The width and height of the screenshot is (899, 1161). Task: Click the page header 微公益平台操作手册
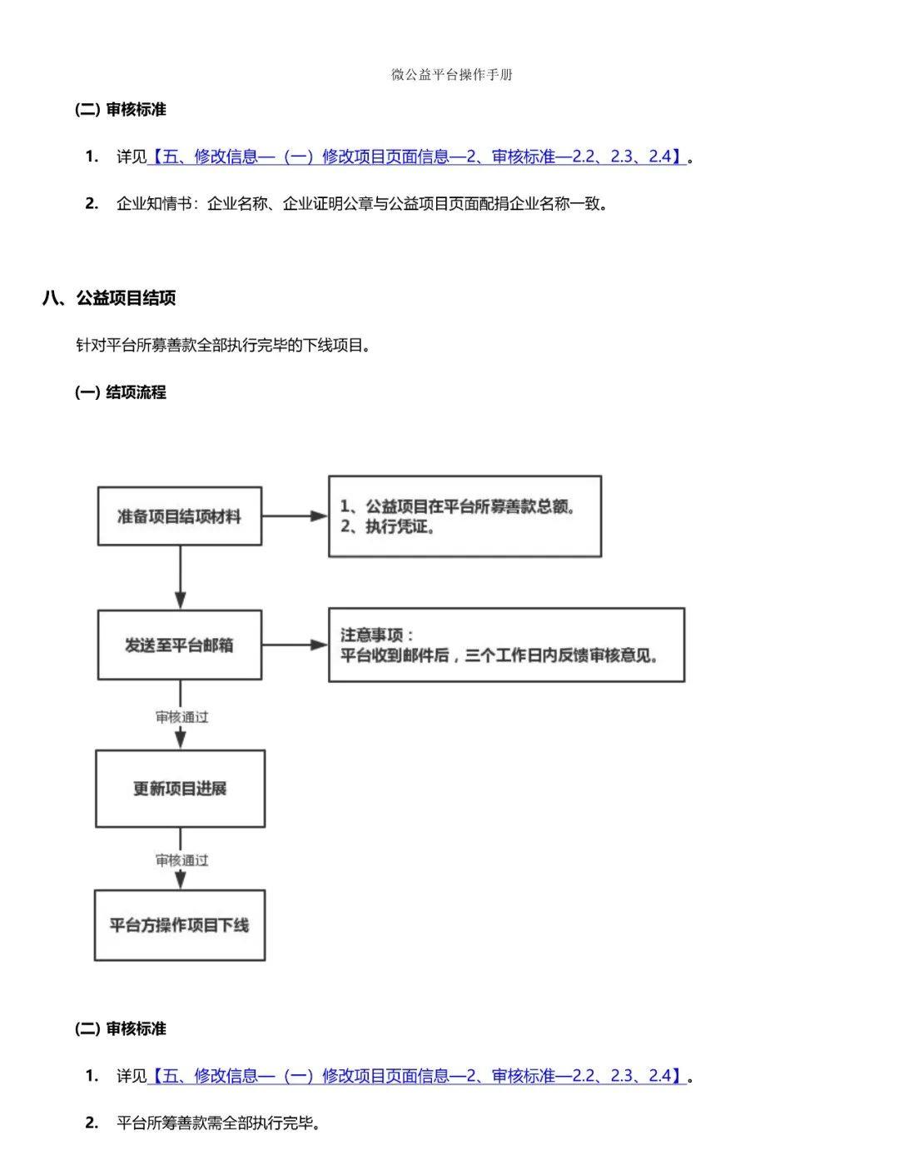[x=451, y=74]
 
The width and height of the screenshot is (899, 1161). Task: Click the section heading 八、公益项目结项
[x=109, y=297]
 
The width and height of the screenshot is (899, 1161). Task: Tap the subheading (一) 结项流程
[x=121, y=391]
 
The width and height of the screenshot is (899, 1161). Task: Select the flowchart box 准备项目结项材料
[x=179, y=516]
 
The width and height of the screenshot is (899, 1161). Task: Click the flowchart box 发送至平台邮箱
[x=179, y=645]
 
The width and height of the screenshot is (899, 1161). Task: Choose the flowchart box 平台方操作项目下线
[x=179, y=924]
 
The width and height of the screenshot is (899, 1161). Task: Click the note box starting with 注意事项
[x=506, y=645]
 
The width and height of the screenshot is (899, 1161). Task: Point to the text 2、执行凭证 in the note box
[x=388, y=527]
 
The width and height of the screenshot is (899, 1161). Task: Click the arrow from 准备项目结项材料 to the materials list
[x=295, y=516]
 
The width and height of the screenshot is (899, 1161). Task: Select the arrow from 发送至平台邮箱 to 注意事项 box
[x=295, y=645]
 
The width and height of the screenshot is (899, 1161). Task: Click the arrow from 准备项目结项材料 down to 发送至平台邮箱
[x=180, y=577]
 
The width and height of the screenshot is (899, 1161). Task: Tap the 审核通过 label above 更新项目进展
[x=181, y=716]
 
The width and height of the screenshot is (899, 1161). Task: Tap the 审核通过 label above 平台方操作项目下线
[x=181, y=860]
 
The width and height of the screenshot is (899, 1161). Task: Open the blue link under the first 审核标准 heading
[x=416, y=157]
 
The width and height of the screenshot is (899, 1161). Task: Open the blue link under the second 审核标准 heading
[x=416, y=1075]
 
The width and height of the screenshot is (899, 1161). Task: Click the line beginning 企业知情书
[x=362, y=203]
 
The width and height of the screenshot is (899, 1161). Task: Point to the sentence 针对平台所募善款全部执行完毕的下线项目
[x=223, y=345]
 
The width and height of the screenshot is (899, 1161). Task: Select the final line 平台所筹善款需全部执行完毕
[x=218, y=1123]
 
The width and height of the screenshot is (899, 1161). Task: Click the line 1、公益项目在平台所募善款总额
[x=458, y=506]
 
